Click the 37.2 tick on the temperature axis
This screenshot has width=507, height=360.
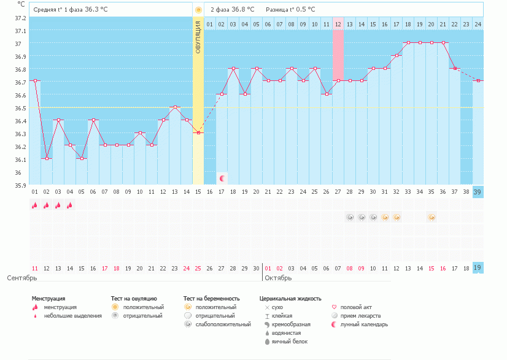click(21, 18)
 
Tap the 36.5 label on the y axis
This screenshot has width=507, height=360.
click(21, 108)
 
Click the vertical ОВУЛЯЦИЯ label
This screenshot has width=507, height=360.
click(198, 37)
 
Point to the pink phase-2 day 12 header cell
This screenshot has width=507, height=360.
click(338, 24)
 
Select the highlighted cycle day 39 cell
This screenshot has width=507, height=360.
click(478, 192)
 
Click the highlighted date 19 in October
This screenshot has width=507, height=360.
click(478, 268)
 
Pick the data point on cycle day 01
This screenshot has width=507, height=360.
click(35, 80)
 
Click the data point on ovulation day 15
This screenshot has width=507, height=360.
click(198, 132)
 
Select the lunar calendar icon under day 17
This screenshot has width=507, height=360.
click(222, 178)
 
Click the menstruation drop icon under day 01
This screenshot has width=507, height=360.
click(35, 205)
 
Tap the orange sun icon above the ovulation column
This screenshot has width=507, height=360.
click(198, 10)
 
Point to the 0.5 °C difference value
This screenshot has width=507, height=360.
click(303, 10)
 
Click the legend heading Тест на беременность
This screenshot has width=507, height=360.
click(211, 299)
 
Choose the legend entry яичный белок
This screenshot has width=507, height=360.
click(290, 341)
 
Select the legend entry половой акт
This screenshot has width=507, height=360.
click(356, 307)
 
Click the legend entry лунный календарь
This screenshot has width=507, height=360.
click(364, 324)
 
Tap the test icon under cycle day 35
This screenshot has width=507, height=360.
click(432, 217)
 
